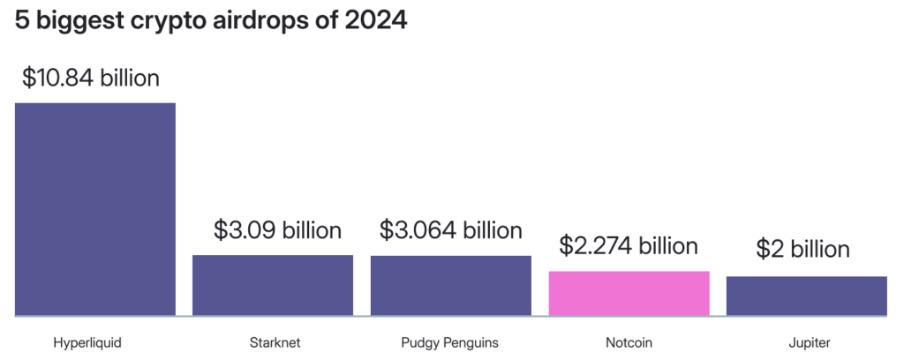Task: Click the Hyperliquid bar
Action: click(x=95, y=209)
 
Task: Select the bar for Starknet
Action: click(x=273, y=285)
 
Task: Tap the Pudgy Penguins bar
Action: click(x=450, y=285)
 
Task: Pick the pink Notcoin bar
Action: click(x=629, y=293)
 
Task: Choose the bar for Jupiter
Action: click(x=806, y=296)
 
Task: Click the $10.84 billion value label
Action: click(x=91, y=78)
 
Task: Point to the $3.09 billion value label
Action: click(x=277, y=231)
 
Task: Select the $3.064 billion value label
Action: click(x=450, y=230)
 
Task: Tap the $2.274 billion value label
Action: click(x=629, y=245)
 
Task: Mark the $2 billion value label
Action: click(x=802, y=250)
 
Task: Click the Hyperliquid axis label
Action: click(x=87, y=342)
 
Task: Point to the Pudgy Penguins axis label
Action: click(x=448, y=342)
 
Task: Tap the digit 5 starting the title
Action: click(x=22, y=21)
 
